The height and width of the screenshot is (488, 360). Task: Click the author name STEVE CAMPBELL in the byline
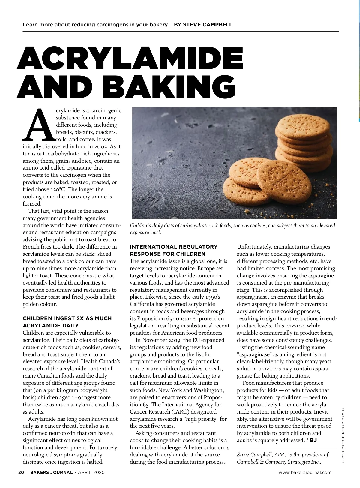click(x=203, y=25)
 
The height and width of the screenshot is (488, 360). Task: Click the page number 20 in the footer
click(x=21, y=472)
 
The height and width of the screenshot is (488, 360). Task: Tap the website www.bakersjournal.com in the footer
click(x=305, y=472)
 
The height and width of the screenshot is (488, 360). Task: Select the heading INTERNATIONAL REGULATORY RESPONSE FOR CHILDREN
click(x=174, y=250)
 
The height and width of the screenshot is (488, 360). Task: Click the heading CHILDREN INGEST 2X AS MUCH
click(x=67, y=318)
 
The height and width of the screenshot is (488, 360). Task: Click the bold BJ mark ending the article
click(x=313, y=440)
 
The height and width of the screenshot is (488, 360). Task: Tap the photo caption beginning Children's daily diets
click(x=232, y=229)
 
